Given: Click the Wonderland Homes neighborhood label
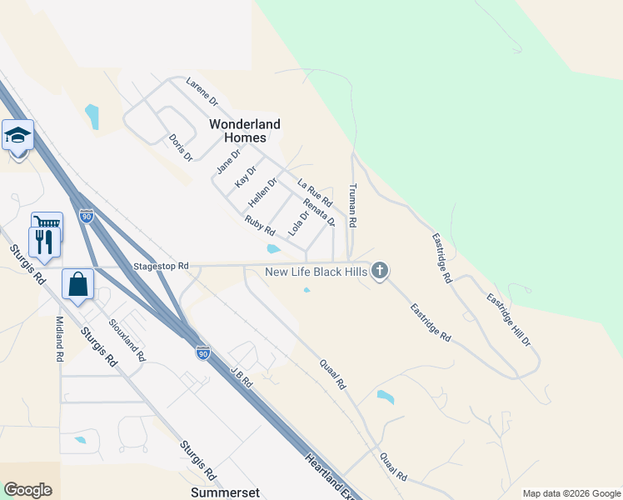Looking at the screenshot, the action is pos(244,131).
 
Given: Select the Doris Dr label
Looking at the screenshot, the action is pos(180,147).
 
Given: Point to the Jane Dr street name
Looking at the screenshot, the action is pos(227,160).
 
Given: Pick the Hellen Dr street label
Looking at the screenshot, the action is pos(262,193).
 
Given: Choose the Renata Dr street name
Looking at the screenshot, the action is pos(319,212).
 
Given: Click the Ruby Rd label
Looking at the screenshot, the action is pos(260,226).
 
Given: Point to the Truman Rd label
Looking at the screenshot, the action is pos(353,206).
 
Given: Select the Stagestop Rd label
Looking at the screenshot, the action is pos(161,267).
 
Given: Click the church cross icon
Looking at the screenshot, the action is pos(380,271).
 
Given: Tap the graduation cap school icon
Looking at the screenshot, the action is pos(17,134).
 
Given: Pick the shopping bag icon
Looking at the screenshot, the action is pos(77,284).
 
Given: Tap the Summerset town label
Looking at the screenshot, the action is pos(222,492).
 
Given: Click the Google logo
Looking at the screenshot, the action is pos(27,490).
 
